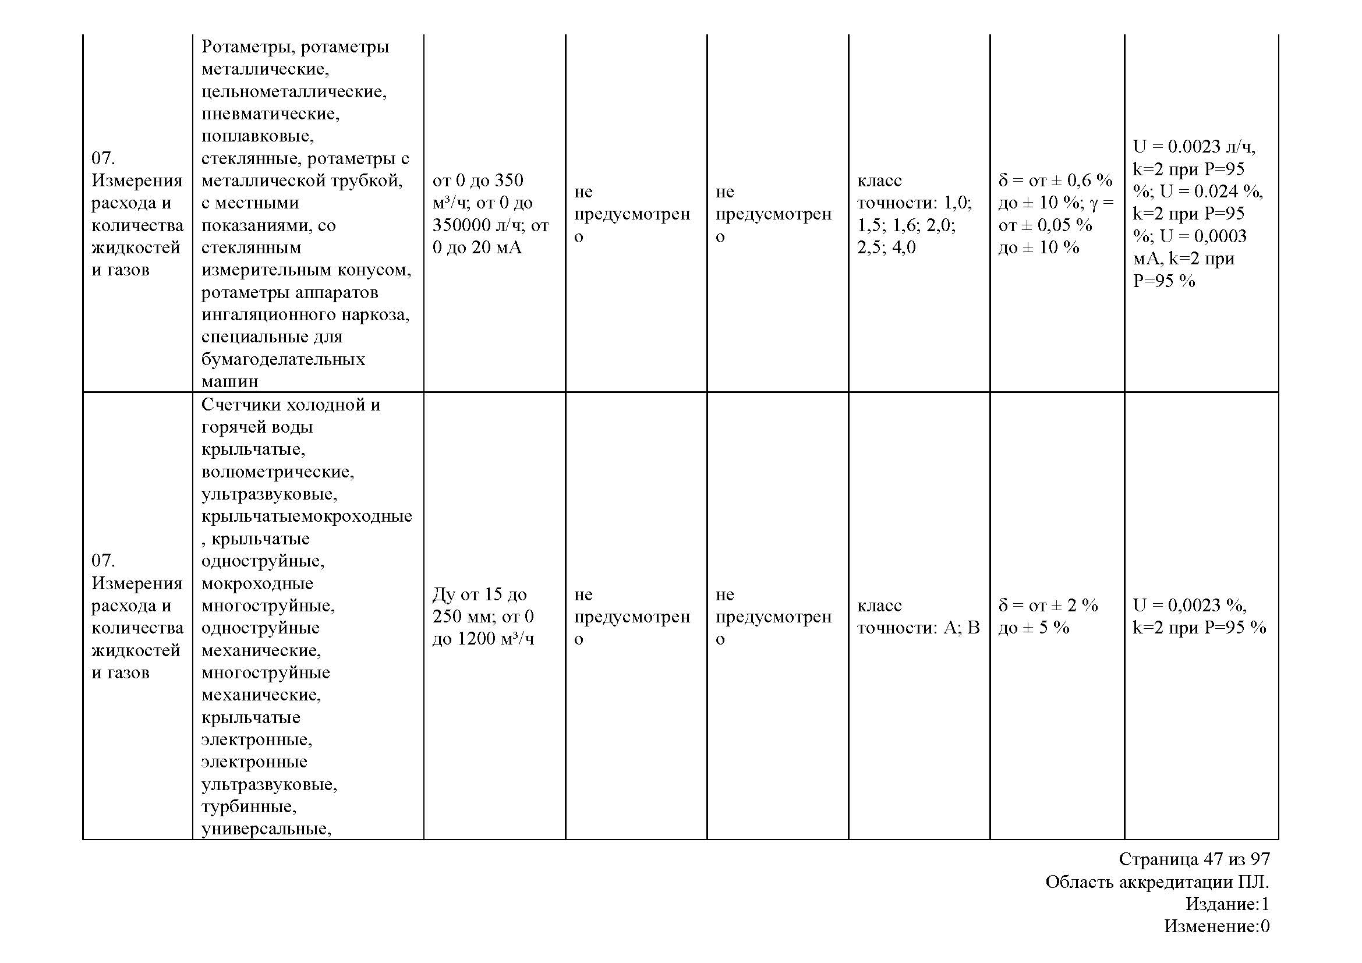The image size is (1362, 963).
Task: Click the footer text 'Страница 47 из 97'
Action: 1194,859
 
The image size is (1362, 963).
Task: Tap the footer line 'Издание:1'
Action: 1227,904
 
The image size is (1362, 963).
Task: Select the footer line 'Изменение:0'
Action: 1216,926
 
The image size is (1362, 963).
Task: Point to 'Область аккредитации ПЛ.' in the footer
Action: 1157,882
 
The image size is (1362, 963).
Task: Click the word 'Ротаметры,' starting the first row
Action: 245,46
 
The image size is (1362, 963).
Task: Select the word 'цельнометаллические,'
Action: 293,91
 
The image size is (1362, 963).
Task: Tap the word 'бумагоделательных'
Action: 283,359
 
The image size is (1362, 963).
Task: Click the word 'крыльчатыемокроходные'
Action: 307,516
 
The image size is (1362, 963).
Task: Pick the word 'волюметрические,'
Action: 278,472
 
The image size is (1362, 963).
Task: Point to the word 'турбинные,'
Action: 249,806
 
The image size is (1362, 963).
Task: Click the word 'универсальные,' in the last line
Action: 266,829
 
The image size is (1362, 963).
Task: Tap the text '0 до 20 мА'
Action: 477,247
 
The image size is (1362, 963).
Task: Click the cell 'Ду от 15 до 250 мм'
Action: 479,605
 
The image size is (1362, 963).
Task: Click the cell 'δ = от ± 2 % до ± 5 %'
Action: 1048,616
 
